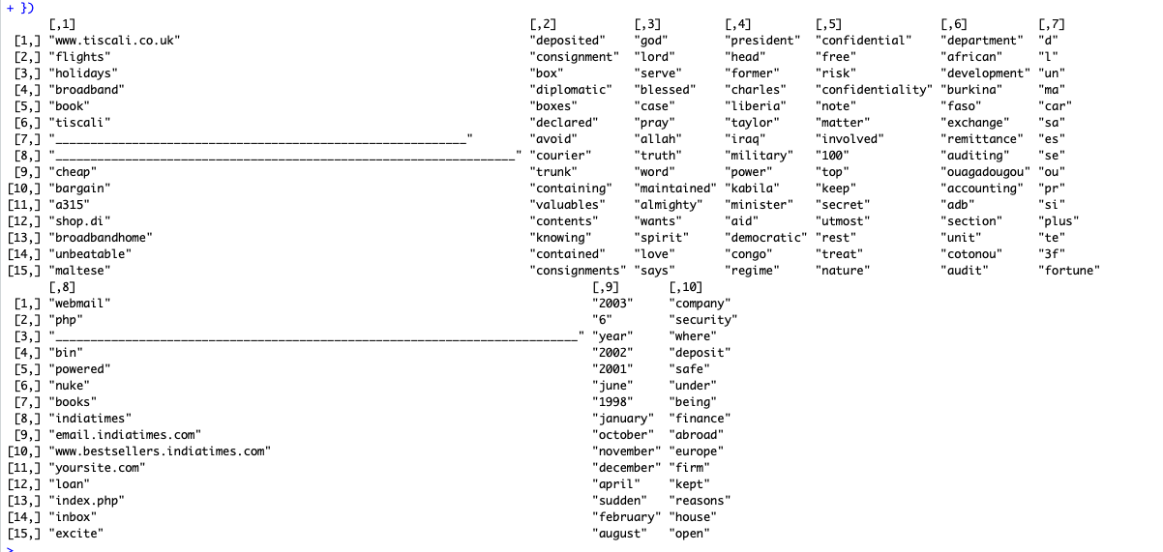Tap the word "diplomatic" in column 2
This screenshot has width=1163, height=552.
pos(571,90)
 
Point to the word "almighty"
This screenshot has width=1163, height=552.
pos(668,205)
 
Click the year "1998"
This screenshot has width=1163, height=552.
pos(612,402)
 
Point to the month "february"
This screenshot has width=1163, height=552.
pos(623,517)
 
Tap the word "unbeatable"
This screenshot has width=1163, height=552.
pos(90,254)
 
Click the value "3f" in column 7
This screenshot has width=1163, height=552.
pos(1051,254)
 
